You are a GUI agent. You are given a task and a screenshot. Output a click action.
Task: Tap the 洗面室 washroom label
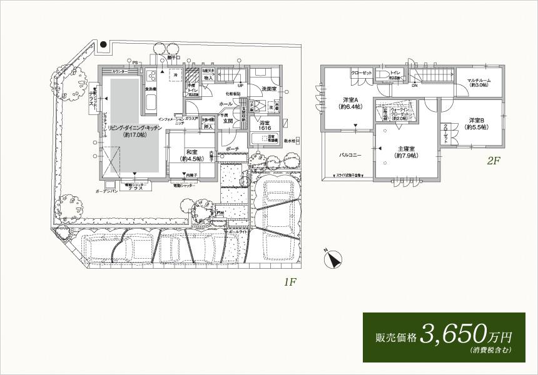tap(270, 88)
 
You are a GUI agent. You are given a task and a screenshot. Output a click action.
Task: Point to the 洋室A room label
tap(349, 103)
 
